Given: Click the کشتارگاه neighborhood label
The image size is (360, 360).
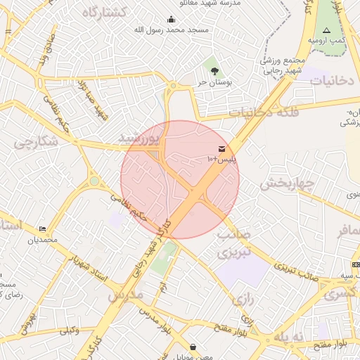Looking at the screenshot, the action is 103,13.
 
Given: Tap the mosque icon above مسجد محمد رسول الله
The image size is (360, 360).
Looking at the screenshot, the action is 171,20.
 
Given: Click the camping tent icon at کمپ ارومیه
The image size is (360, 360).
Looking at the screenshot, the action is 326,30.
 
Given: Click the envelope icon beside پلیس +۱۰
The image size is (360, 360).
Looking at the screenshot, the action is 222,149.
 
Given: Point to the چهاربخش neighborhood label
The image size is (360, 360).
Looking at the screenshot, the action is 285,184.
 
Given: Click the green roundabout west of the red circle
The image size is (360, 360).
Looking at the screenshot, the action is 94,181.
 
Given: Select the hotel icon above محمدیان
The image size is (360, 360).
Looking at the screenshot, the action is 44,229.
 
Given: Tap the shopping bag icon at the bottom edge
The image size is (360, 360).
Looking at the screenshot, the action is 193,347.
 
